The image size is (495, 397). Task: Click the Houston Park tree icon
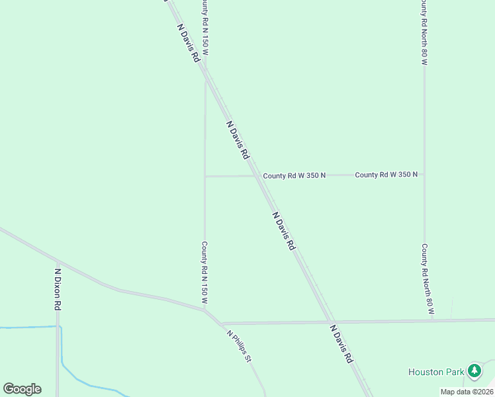(x=474, y=371)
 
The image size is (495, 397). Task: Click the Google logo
(x=22, y=388)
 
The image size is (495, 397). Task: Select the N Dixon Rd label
(x=58, y=289)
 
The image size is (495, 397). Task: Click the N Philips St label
(x=240, y=346)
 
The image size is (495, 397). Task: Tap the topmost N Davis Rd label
(x=188, y=43)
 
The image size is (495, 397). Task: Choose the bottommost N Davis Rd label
(x=341, y=343)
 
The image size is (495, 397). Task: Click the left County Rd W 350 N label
(x=294, y=175)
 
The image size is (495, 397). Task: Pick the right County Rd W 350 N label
(x=386, y=175)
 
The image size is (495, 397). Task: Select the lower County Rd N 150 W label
(x=205, y=273)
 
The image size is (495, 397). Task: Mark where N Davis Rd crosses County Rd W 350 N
(x=257, y=175)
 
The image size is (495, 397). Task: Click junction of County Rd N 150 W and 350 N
(x=205, y=176)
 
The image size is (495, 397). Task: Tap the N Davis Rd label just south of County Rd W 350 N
(x=283, y=231)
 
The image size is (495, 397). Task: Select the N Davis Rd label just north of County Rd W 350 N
(x=237, y=140)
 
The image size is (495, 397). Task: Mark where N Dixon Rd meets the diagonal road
(x=58, y=262)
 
